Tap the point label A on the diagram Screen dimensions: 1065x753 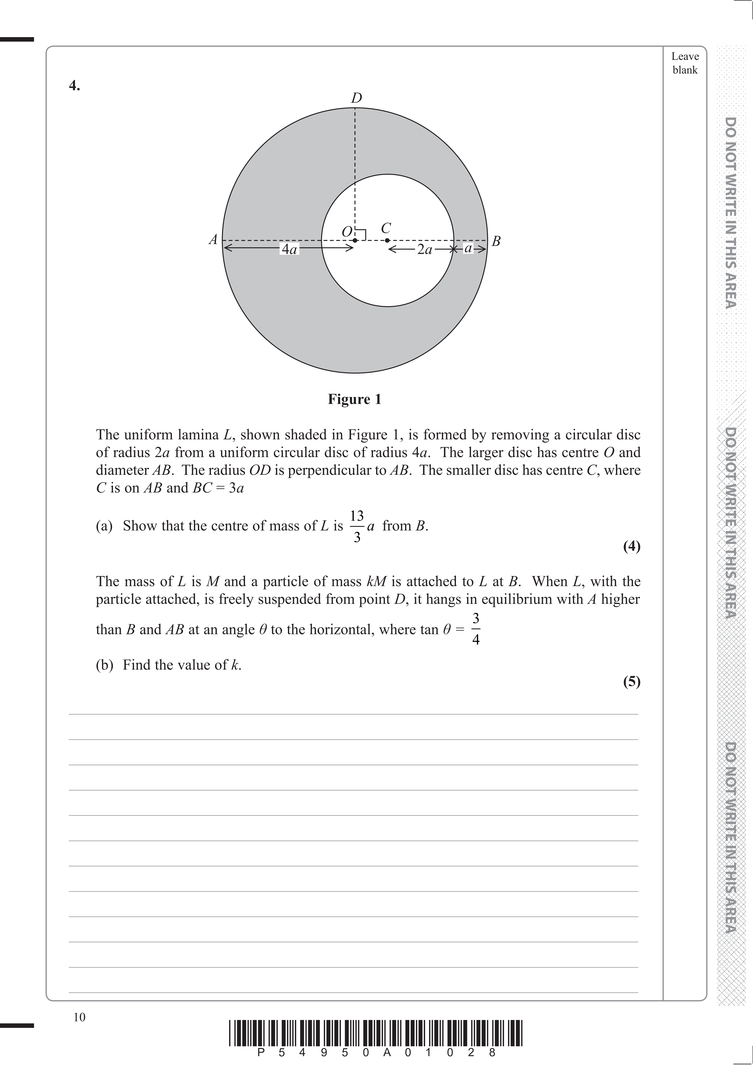pos(213,240)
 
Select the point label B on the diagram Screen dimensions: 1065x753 pos(496,241)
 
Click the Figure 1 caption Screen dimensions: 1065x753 pos(355,399)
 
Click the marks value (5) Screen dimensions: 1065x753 pos(632,682)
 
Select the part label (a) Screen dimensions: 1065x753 pos(104,526)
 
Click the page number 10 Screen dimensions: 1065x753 pos(79,1017)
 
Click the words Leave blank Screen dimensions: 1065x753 pos(685,63)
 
